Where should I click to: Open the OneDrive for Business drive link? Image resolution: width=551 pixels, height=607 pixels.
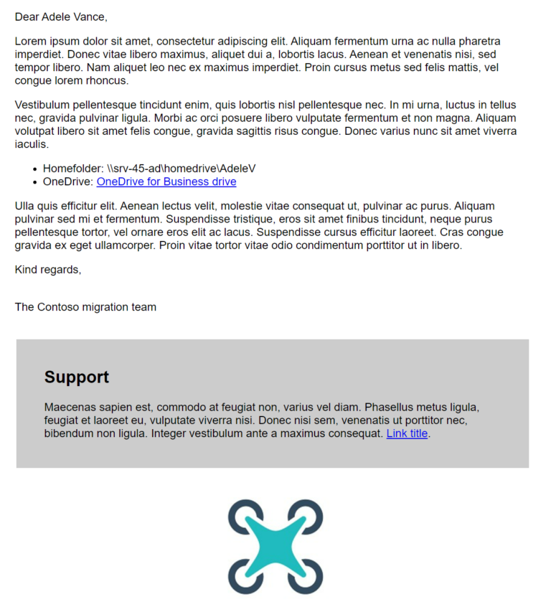click(x=166, y=182)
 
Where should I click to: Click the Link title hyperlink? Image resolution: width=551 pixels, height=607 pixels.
click(x=407, y=433)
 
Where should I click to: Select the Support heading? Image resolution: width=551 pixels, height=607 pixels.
click(x=77, y=377)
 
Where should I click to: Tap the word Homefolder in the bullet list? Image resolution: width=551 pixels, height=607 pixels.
click(x=73, y=169)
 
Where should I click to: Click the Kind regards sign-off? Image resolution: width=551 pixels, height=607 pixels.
click(x=48, y=270)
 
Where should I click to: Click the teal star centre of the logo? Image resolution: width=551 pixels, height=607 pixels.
click(x=275, y=547)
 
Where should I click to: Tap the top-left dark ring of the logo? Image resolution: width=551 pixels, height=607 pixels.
click(x=243, y=514)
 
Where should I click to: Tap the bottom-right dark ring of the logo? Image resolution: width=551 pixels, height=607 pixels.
click(x=307, y=578)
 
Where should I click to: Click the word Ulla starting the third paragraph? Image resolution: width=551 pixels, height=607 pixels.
click(x=26, y=207)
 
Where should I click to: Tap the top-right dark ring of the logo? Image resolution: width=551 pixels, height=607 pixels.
click(x=307, y=514)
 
